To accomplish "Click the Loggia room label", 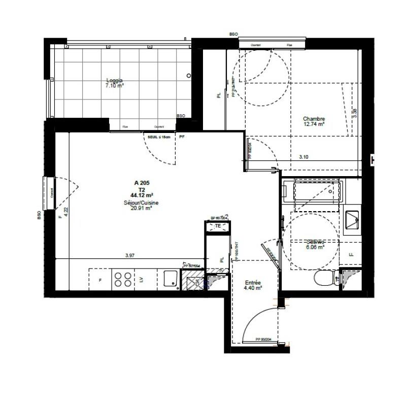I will (x=114, y=81).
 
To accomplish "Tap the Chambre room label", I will (x=314, y=119).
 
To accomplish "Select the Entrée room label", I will (x=252, y=283).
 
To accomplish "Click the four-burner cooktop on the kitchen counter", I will (x=122, y=279).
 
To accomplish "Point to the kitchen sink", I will (x=171, y=279).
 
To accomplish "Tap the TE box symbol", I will (x=218, y=226).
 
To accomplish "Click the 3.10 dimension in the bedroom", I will (x=304, y=157).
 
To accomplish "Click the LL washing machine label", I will (x=351, y=254).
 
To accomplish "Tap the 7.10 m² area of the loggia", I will (x=114, y=86).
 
